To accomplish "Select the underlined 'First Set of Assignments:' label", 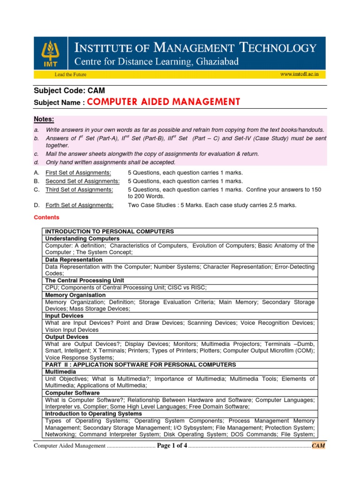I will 78,172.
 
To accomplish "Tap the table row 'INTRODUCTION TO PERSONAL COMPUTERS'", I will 110,232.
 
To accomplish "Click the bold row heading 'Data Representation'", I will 74,260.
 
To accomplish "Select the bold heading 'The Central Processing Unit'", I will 86,281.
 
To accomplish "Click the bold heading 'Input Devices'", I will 64,316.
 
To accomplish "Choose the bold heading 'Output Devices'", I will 67,337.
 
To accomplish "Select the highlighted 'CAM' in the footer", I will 318,445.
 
